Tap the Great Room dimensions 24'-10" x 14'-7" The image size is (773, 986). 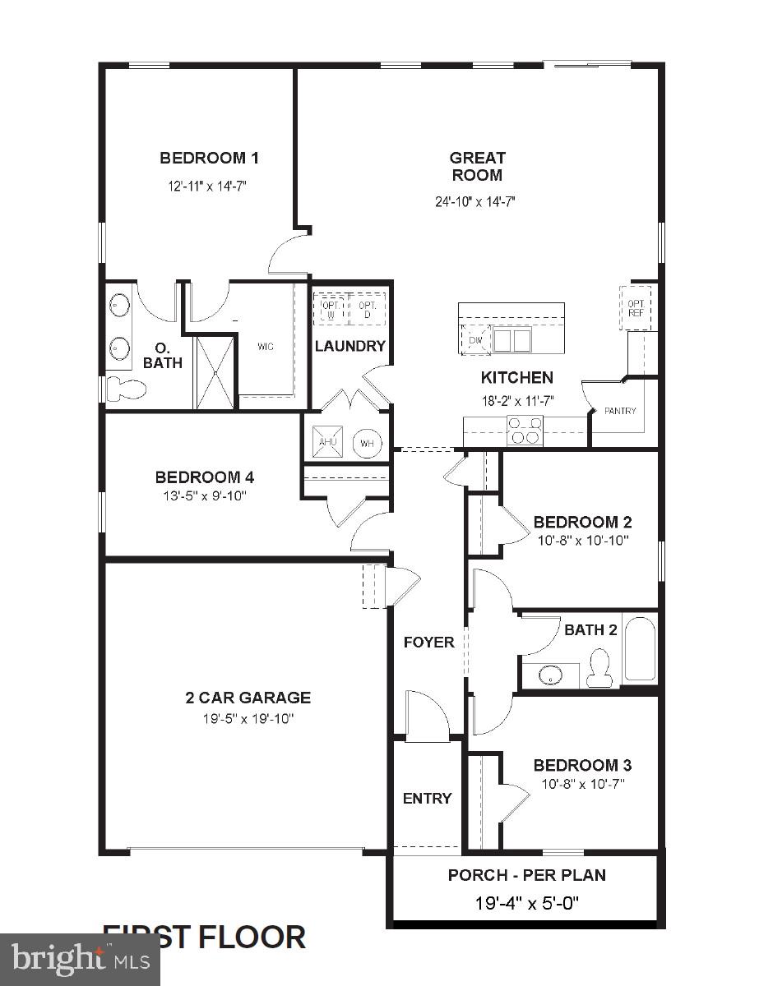476,201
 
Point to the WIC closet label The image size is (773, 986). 265,347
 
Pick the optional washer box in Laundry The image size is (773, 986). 331,309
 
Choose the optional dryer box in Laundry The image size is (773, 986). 367,309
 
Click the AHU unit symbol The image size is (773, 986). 326,443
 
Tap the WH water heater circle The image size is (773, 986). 367,444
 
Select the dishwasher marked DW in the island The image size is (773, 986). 475,340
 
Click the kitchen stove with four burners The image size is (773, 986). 525,431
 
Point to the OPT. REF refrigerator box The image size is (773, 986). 635,307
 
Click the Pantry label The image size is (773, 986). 620,411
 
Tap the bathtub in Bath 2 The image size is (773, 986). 639,650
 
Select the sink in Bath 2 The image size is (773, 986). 549,675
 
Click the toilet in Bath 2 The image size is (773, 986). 599,668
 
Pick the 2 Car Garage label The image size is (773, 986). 248,698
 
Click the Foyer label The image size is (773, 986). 428,642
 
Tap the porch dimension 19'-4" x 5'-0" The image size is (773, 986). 527,903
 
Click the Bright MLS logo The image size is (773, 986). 80,958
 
